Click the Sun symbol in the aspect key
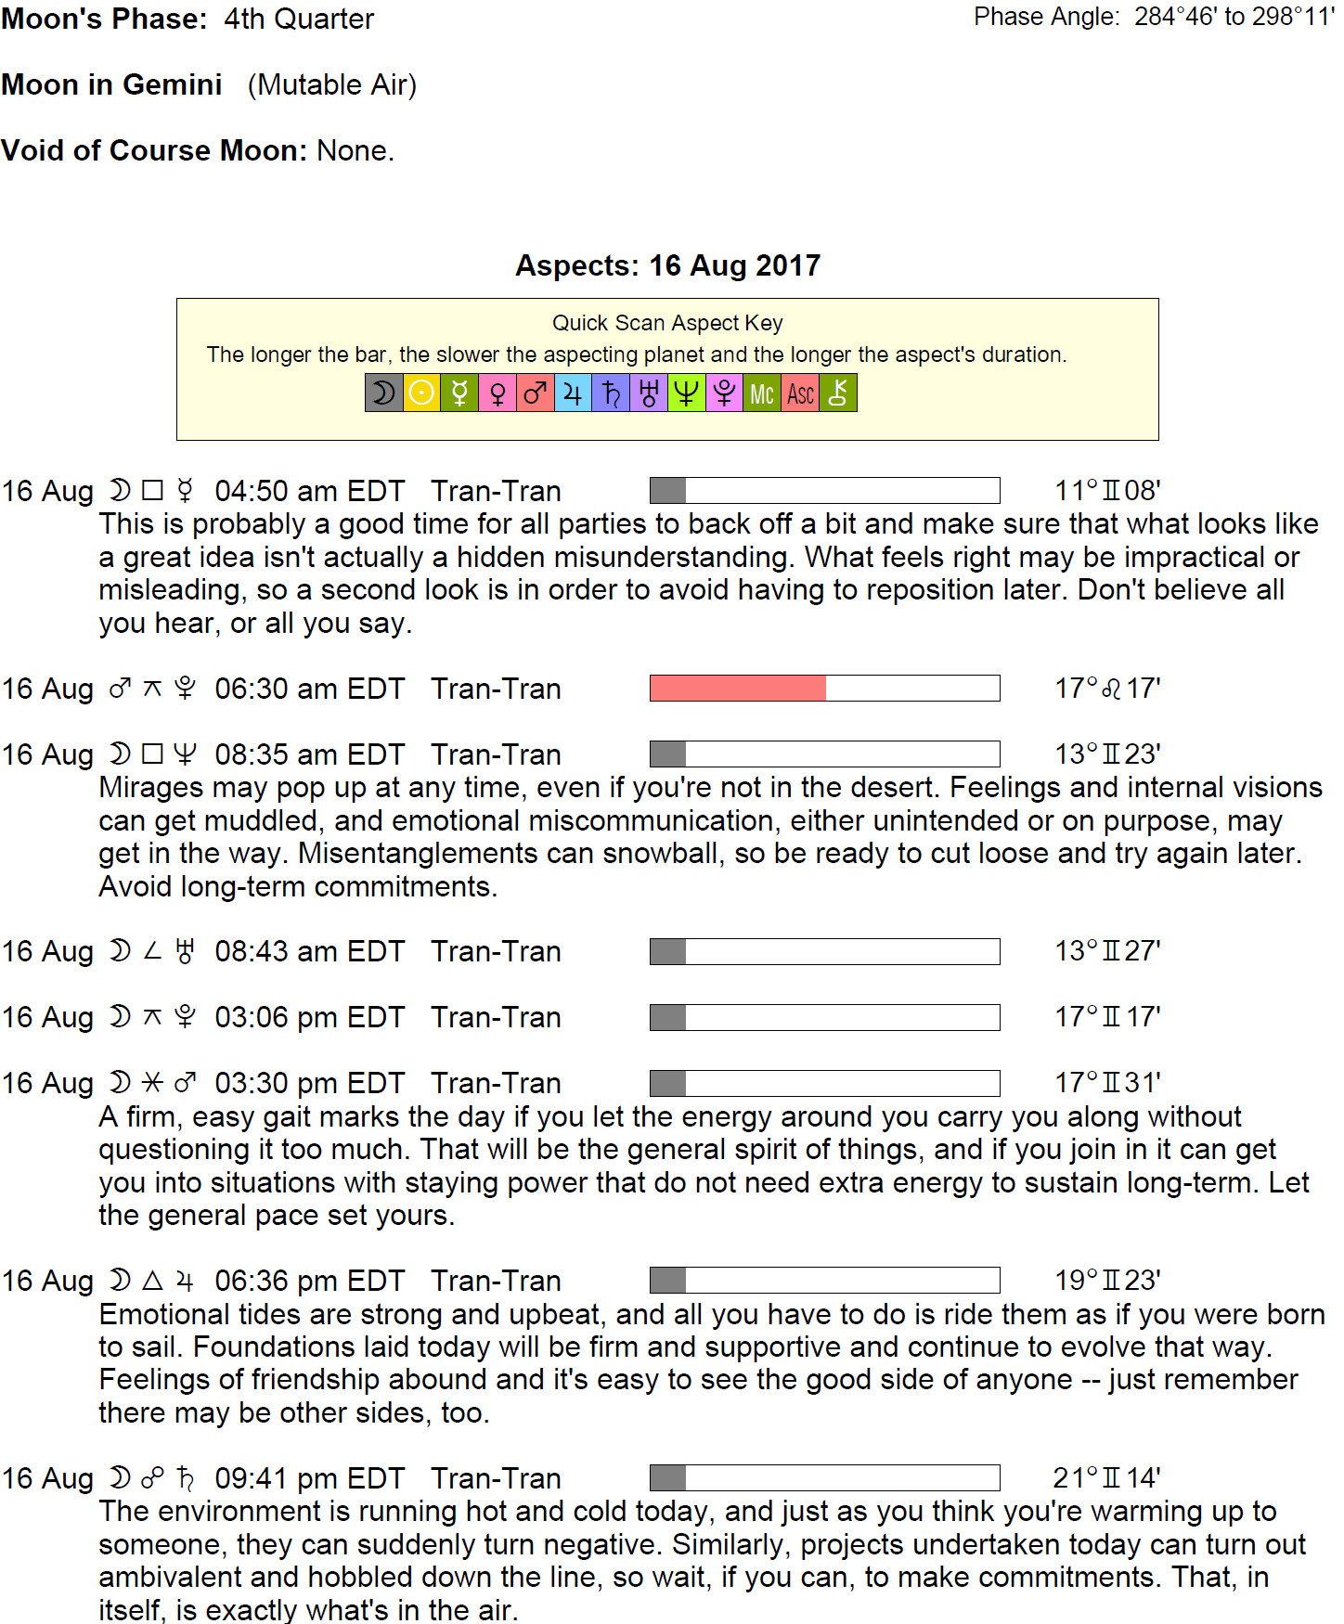tap(421, 393)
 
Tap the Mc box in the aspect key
tap(762, 393)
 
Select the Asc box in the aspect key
tap(800, 393)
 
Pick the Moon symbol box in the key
tap(383, 393)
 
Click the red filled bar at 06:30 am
tap(738, 689)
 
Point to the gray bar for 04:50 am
tap(668, 491)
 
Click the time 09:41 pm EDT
tap(310, 1478)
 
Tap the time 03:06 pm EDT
tap(310, 1017)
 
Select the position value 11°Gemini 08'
tap(1107, 491)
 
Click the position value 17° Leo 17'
tap(1107, 689)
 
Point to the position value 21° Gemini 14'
tap(1106, 1478)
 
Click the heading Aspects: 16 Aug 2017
tap(668, 265)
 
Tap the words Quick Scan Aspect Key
tap(667, 323)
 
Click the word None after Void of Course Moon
tap(355, 150)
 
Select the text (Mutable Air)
tap(332, 84)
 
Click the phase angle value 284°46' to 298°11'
tap(1234, 17)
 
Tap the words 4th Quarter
tap(299, 19)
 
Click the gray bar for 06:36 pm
tap(668, 1281)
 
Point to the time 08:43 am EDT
tap(310, 951)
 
